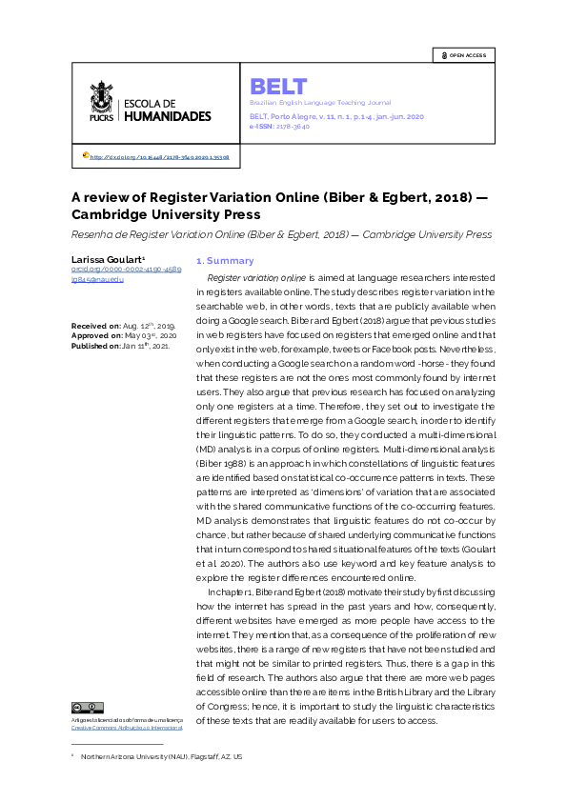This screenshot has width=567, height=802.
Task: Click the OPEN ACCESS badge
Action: pos(464,55)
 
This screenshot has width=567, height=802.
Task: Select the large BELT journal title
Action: pos(278,86)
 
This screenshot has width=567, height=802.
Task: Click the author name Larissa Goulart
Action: pos(108,260)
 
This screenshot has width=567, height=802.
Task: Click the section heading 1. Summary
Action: pos(225,260)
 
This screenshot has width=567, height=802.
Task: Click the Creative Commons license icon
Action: pos(87,708)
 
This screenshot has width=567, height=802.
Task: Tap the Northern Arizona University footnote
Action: pos(161,756)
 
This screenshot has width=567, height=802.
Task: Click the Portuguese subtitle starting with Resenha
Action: pos(281,234)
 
